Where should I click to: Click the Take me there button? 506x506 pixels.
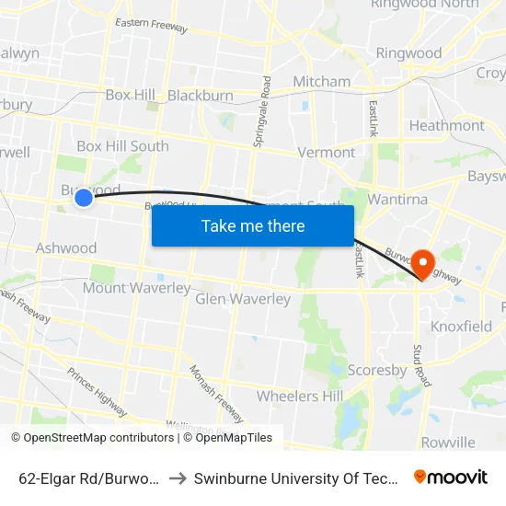point(253,225)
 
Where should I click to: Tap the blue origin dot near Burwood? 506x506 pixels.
point(84,197)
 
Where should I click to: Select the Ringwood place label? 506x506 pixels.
point(408,53)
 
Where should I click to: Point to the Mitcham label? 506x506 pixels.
point(321,82)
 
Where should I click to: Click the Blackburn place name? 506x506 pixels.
point(201,95)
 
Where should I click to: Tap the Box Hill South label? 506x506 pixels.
point(122,146)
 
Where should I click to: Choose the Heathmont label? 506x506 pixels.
point(446,125)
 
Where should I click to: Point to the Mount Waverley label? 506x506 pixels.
point(136,288)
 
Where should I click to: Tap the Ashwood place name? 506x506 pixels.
point(66,248)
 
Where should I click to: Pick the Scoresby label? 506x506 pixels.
point(377,370)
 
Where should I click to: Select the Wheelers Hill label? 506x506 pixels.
point(300,397)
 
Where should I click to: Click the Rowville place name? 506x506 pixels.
point(448,442)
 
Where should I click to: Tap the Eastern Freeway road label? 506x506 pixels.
point(151,26)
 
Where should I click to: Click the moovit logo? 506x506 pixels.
point(450,477)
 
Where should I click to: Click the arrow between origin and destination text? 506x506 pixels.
point(176,477)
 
